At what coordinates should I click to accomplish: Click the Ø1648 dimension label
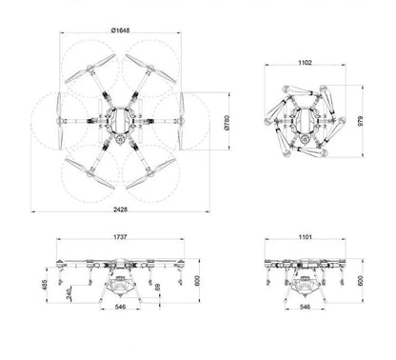click(120, 30)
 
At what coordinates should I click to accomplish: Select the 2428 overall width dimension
click(120, 210)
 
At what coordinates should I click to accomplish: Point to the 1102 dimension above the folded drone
click(305, 63)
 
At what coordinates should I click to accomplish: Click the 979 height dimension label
click(361, 121)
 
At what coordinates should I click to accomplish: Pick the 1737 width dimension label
click(120, 237)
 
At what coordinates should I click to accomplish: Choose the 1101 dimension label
click(305, 237)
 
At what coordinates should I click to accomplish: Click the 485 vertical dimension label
click(45, 285)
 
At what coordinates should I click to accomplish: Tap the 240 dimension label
click(69, 294)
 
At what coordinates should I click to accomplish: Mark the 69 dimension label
click(157, 287)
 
